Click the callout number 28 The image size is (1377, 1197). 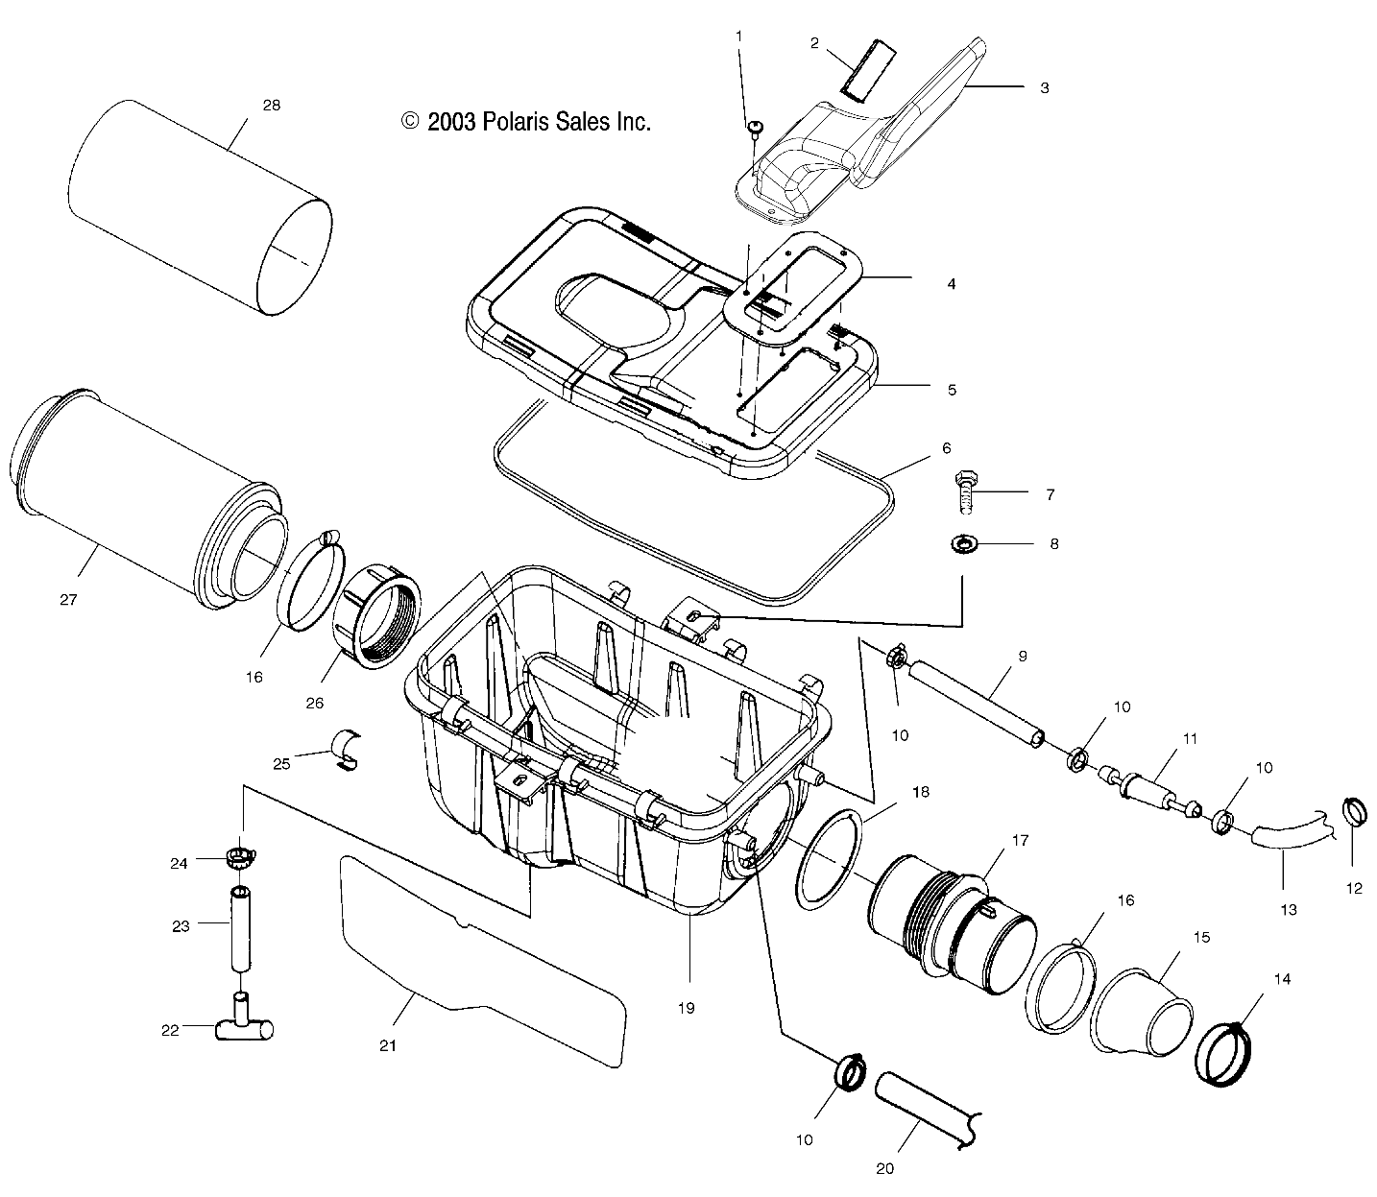(x=272, y=106)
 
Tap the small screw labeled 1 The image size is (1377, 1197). (x=755, y=127)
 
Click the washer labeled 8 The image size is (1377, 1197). (x=960, y=545)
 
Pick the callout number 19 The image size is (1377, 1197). (x=686, y=1008)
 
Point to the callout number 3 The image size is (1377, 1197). (x=1044, y=87)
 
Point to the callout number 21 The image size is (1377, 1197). (x=387, y=1045)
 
